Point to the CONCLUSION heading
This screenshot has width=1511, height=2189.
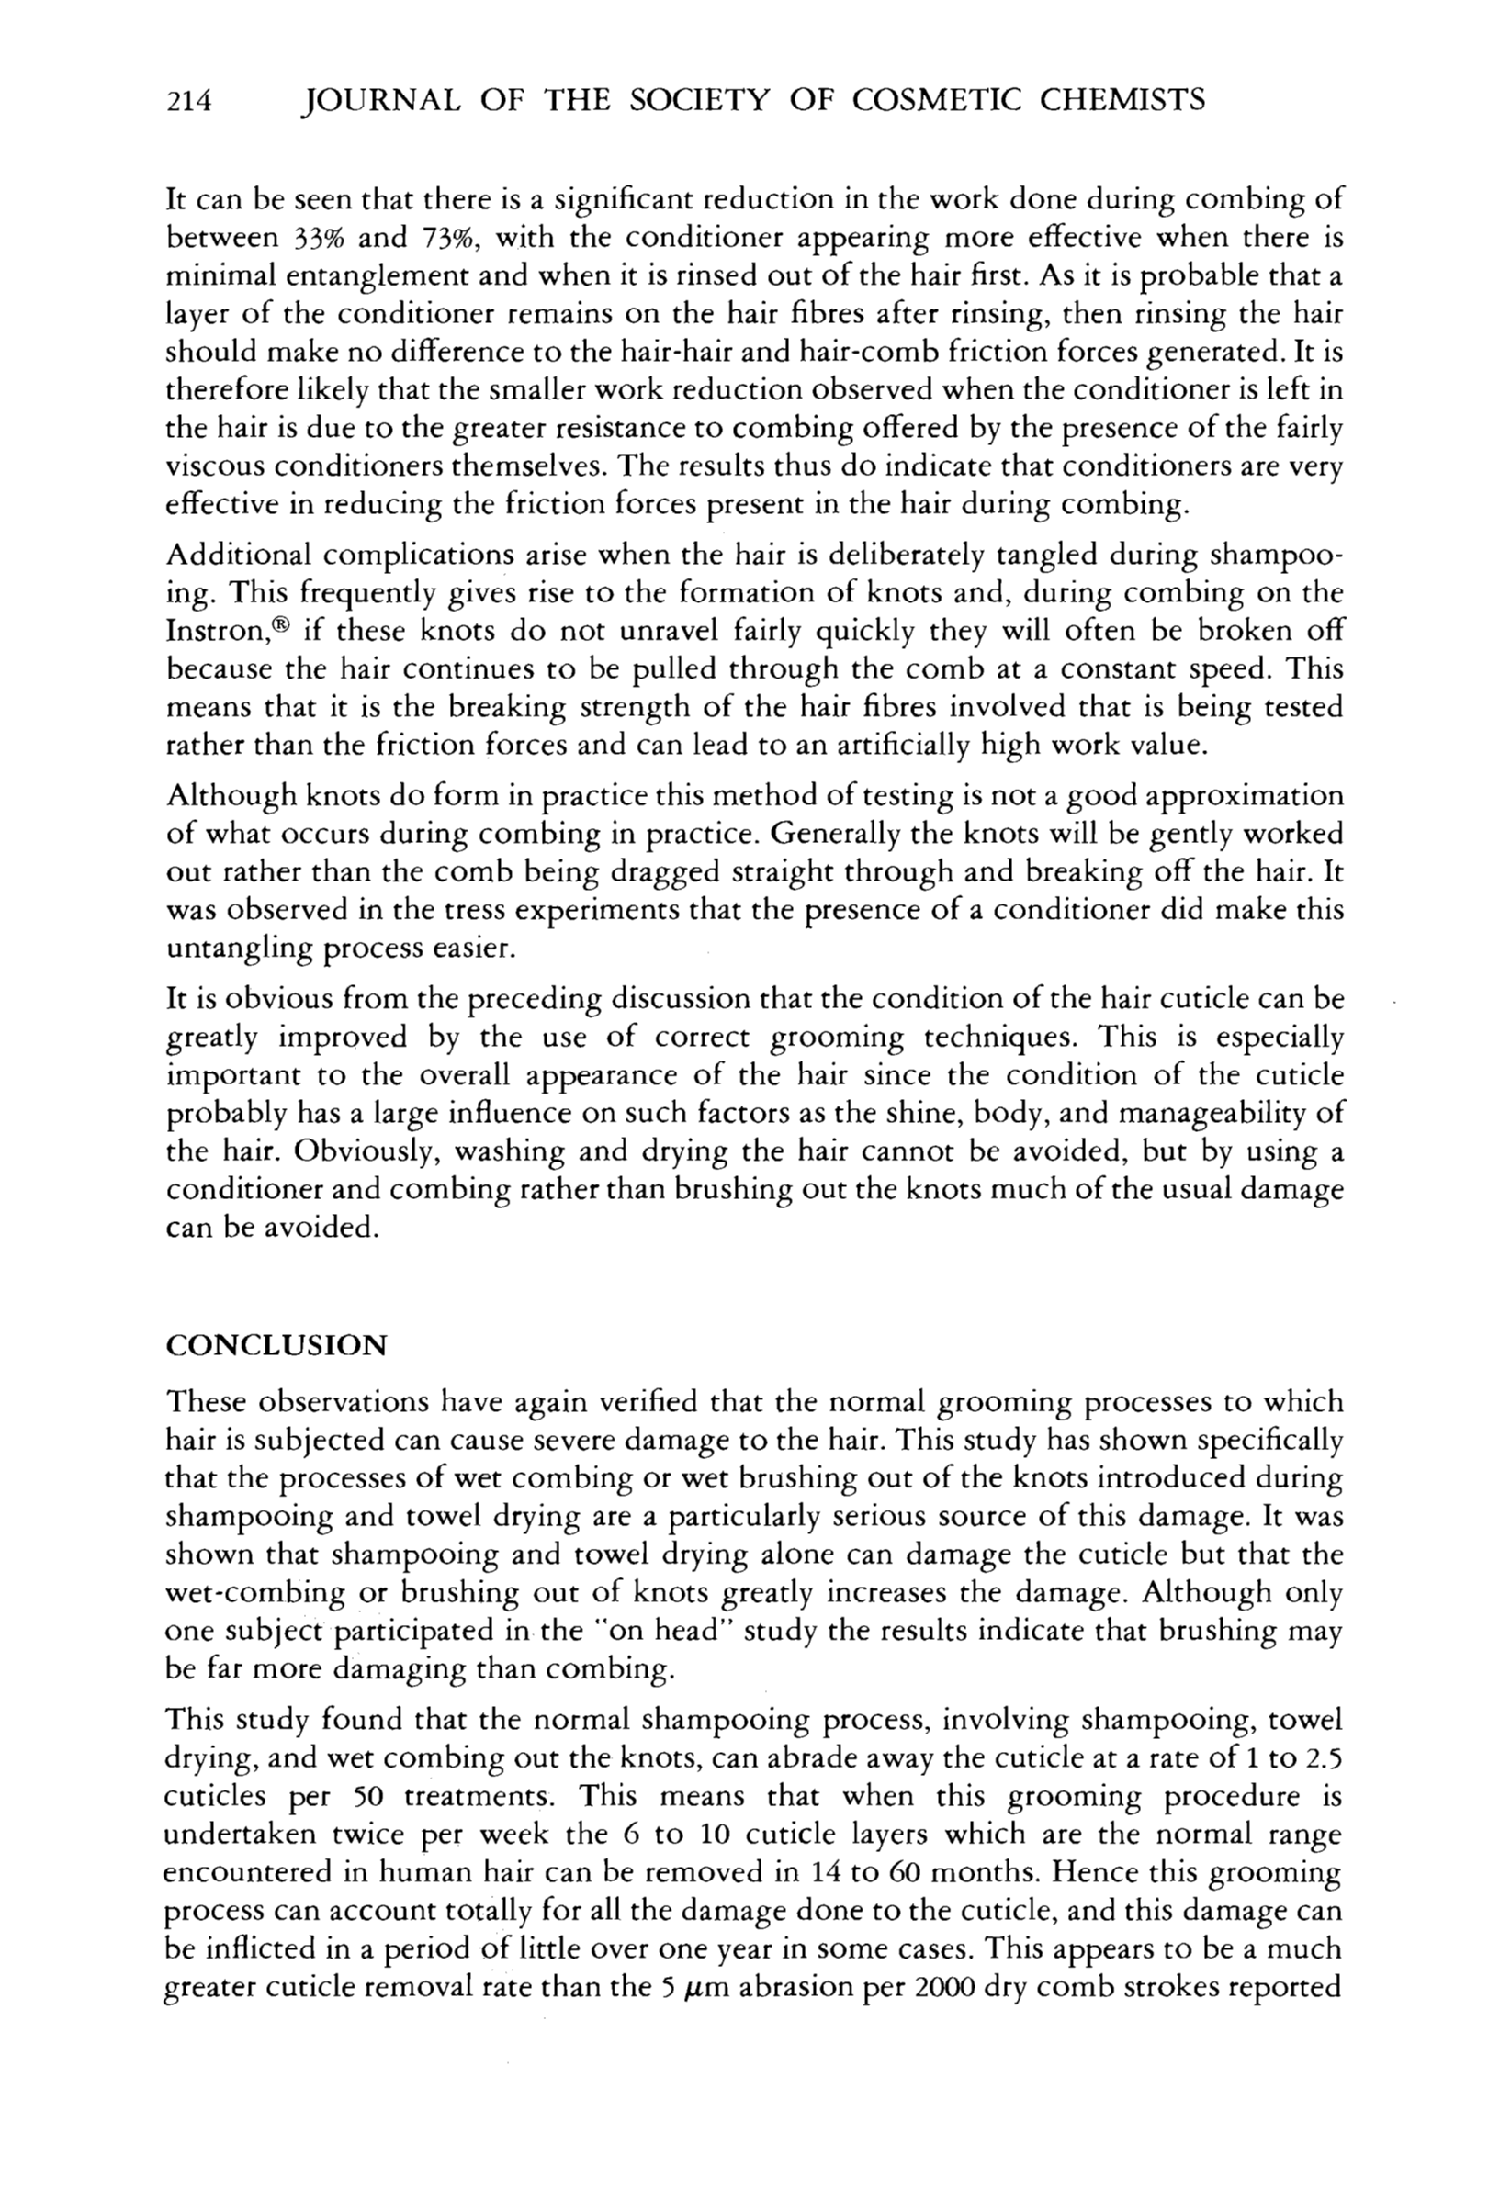click(276, 1346)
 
